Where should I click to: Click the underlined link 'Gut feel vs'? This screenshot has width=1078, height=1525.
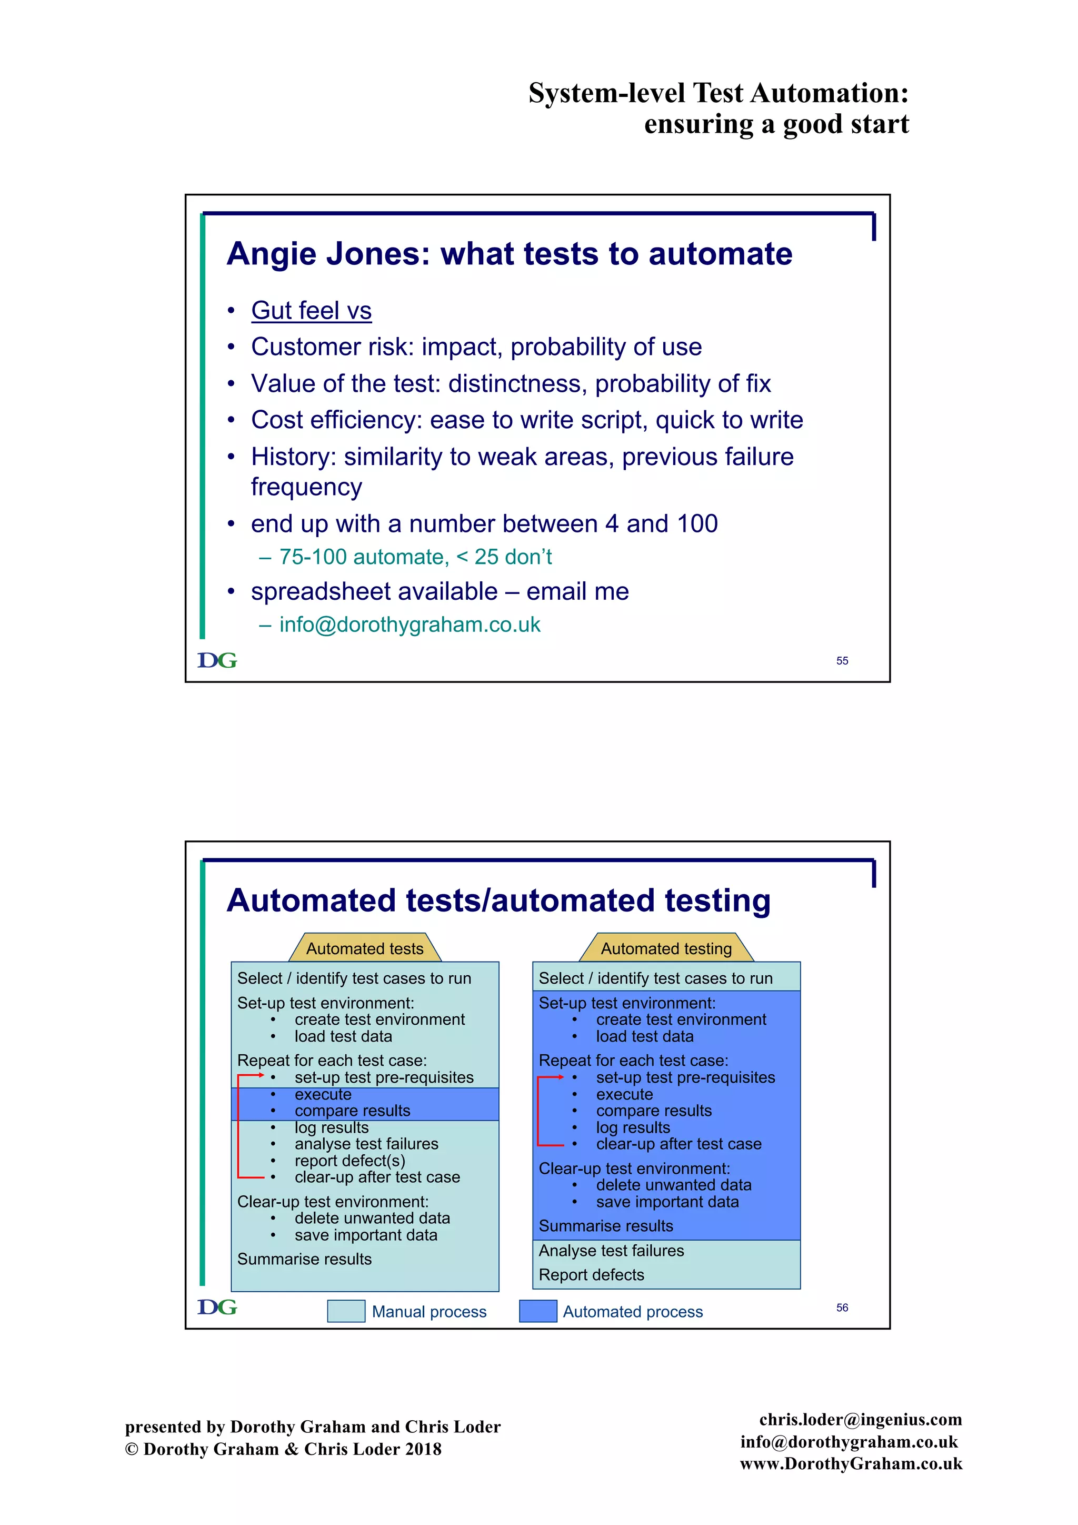(311, 311)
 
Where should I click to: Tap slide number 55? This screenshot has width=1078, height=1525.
(842, 661)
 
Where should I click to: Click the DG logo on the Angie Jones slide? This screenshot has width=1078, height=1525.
(217, 660)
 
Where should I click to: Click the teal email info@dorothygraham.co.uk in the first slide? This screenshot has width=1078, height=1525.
(410, 625)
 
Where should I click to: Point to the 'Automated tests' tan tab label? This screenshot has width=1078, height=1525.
(364, 948)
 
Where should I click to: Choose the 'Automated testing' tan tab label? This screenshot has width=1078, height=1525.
(666, 948)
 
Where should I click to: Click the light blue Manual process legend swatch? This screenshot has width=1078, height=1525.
(346, 1311)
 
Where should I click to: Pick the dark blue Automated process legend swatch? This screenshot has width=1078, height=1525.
(537, 1311)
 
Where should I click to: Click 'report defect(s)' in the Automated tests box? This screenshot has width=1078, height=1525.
(350, 1161)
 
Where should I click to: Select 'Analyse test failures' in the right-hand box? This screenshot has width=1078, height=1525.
(611, 1251)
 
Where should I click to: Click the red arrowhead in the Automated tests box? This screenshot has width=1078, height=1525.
(261, 1075)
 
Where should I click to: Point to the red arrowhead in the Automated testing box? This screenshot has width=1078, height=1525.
(561, 1077)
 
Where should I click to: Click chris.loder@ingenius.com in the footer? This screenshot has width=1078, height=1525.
(860, 1419)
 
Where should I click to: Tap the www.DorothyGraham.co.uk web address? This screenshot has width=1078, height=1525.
(851, 1464)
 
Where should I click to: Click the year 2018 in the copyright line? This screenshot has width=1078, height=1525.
(423, 1449)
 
